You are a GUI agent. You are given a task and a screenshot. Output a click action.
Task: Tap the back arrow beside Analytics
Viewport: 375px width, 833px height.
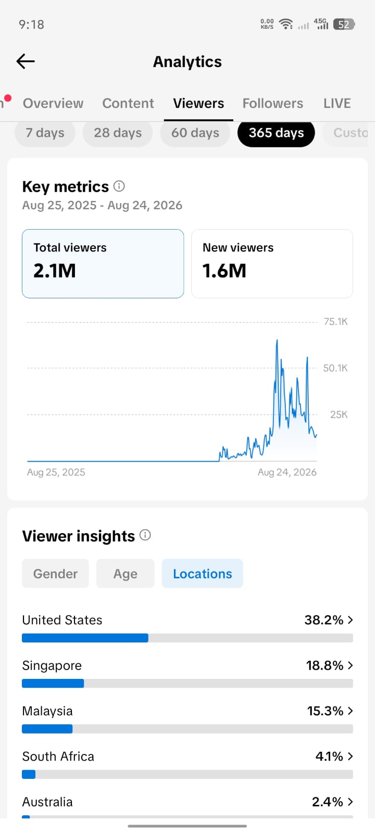pos(26,61)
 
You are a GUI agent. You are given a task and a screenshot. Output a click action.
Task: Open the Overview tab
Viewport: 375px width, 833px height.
pos(53,103)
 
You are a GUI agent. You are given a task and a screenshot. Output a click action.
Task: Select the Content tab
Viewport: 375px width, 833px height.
pos(128,103)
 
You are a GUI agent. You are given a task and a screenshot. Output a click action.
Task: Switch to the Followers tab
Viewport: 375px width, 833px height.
pos(273,103)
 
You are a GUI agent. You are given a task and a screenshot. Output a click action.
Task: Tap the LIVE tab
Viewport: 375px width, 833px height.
pos(337,103)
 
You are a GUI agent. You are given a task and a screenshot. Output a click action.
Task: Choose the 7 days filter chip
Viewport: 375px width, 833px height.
pos(45,133)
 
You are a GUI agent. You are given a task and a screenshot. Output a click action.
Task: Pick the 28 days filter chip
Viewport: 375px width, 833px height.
pos(118,133)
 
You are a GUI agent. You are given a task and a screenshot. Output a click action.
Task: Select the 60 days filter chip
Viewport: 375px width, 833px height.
pos(195,133)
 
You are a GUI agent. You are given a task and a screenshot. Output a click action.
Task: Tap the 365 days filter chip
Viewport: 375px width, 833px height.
pos(276,133)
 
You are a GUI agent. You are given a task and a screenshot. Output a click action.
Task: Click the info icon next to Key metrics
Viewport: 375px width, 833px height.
pos(119,186)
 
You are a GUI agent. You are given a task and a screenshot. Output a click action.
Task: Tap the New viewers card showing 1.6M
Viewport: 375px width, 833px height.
pos(272,263)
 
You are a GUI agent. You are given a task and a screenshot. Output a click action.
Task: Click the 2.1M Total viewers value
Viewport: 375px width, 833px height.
pos(55,270)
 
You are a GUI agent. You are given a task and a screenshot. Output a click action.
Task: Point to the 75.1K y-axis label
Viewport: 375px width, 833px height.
pos(335,322)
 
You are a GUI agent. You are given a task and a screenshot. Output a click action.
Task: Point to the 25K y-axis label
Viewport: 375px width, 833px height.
pos(339,414)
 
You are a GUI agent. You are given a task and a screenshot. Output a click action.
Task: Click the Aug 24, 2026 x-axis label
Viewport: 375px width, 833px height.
pos(287,472)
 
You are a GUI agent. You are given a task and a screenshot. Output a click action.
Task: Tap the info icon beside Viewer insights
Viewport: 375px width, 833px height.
pos(145,535)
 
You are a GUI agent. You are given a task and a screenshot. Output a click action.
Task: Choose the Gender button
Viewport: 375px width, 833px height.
pos(55,573)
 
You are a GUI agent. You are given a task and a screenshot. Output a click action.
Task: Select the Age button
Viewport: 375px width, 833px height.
pos(126,573)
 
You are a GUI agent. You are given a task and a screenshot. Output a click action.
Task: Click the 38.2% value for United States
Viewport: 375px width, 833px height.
pos(323,620)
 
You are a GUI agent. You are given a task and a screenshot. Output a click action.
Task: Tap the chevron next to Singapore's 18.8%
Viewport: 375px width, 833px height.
pos(350,665)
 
